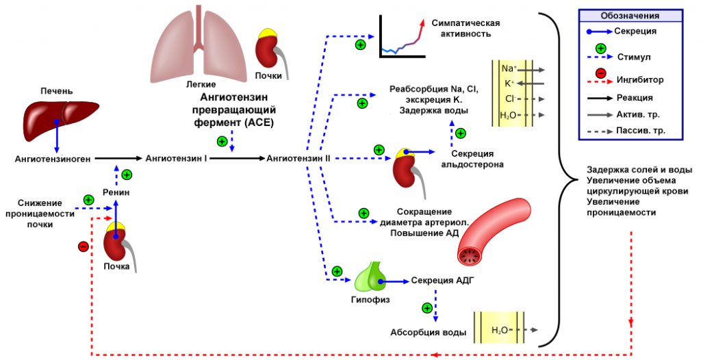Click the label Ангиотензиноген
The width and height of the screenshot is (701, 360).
click(53, 159)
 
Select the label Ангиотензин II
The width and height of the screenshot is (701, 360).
click(298, 158)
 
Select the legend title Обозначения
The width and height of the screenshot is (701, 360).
click(629, 16)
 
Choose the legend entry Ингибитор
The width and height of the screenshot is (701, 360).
click(640, 79)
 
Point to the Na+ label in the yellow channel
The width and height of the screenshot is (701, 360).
click(509, 69)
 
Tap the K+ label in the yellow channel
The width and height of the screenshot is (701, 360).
click(509, 83)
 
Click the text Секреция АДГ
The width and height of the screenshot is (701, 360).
click(442, 281)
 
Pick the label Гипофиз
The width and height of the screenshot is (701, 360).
click(370, 299)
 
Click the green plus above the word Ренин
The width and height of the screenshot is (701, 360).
click(126, 175)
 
